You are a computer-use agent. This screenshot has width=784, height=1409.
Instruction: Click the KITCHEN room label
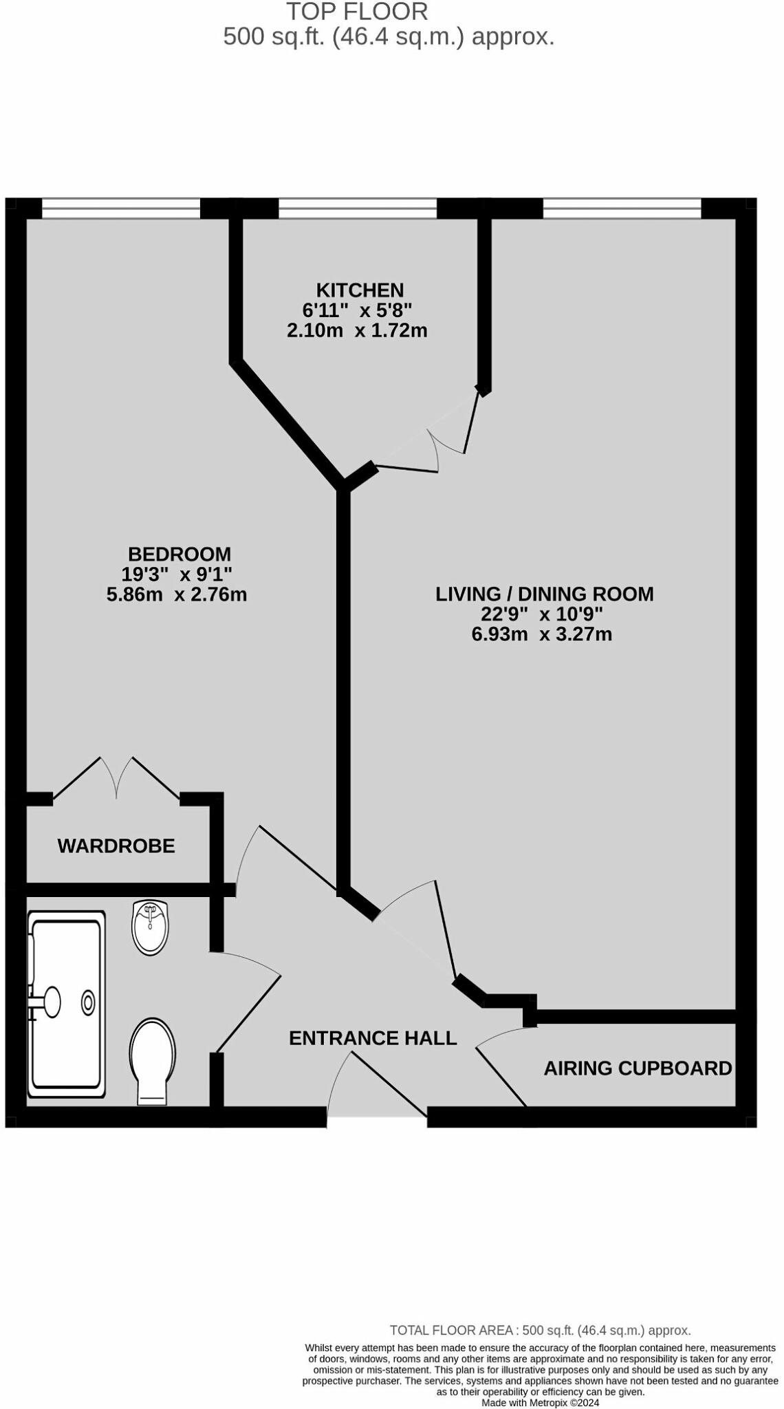[360, 290]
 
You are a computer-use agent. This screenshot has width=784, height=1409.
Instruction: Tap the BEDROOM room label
[179, 554]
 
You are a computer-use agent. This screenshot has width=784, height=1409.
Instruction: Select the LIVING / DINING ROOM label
[544, 594]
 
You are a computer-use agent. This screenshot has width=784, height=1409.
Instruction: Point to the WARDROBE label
[116, 846]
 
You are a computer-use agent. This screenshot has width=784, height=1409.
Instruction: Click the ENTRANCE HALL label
[373, 1037]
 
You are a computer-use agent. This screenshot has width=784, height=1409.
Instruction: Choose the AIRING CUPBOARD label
[638, 1068]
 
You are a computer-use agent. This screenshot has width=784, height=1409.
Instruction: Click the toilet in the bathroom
[152, 1060]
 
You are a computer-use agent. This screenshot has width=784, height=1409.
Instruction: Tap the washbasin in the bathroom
[150, 927]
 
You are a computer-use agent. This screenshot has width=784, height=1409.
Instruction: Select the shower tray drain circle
[88, 1003]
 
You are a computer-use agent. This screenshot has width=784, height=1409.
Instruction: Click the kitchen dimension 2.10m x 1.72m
[357, 330]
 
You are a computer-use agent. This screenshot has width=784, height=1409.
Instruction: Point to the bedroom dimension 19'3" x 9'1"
[177, 574]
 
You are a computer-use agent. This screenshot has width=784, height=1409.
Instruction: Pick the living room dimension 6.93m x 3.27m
[541, 634]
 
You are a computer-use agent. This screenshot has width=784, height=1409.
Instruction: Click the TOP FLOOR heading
[357, 12]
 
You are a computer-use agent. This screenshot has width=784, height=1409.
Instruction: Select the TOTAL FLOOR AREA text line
[540, 1331]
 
